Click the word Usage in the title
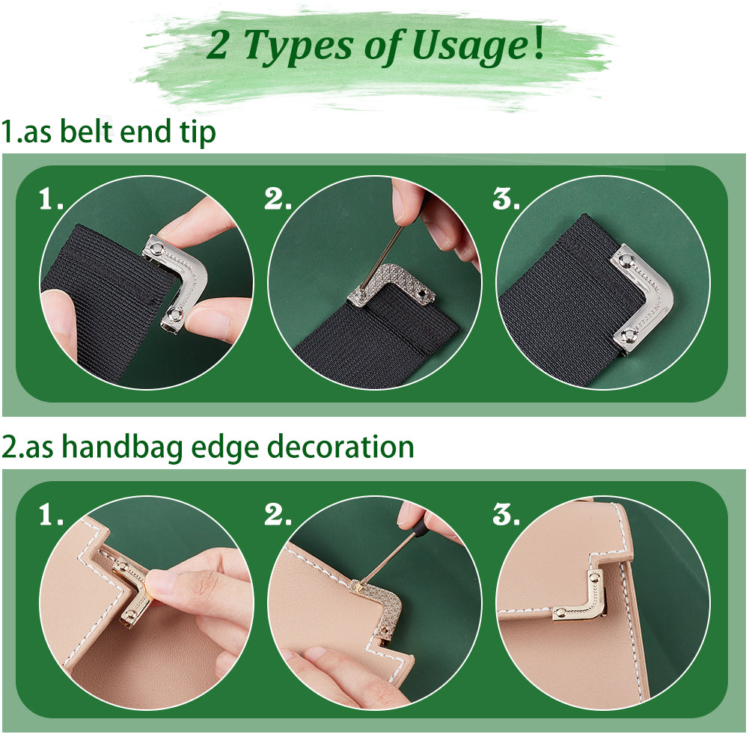(470, 46)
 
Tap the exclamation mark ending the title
(539, 42)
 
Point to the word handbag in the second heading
(122, 448)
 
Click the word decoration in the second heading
(340, 447)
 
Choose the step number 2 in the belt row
(277, 199)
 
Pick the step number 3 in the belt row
(506, 199)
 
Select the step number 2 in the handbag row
(277, 515)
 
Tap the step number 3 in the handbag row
(506, 515)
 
